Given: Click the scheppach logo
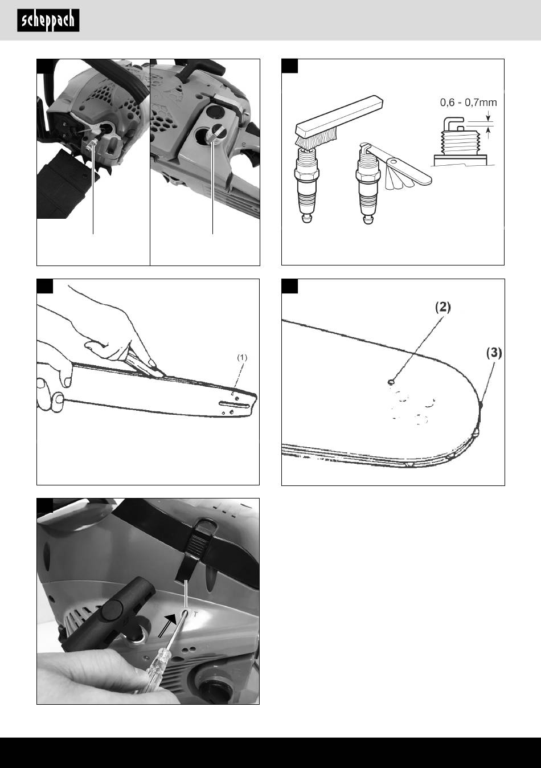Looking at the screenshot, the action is pos(48,21).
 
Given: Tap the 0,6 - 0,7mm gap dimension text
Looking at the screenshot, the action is pos(468,103).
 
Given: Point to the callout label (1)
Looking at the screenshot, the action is pos(242,357).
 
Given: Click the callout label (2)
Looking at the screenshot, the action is pos(442,307).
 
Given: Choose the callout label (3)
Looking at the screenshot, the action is pos(494,353).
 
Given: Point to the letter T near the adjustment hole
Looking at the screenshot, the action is pos(195,615).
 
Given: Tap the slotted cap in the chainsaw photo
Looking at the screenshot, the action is pos(215,132).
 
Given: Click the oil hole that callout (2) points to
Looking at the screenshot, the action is pos(391,382).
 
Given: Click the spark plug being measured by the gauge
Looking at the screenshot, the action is pos(368,185).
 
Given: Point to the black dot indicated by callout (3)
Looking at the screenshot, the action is pos(481,405).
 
